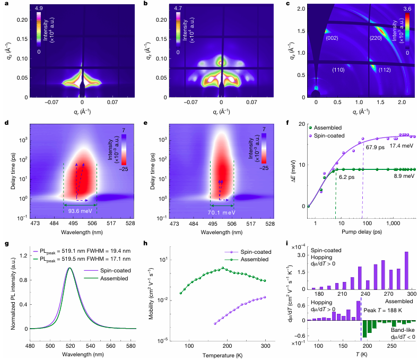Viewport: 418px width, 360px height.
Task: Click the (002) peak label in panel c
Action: click(x=332, y=38)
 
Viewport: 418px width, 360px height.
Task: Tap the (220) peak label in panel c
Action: click(x=377, y=38)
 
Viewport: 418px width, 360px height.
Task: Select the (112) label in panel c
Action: click(x=385, y=70)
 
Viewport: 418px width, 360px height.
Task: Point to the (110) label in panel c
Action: click(x=338, y=70)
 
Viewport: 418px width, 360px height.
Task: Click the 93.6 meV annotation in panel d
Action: click(x=80, y=210)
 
